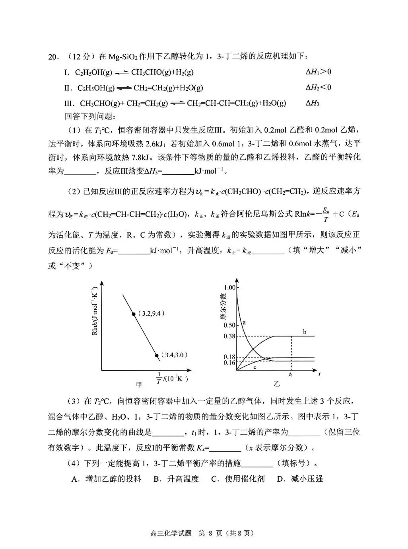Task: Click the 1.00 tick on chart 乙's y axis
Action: click(x=230, y=287)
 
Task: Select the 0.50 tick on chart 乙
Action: click(x=230, y=325)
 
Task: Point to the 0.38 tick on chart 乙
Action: click(x=230, y=336)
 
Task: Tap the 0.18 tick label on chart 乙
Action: click(x=230, y=357)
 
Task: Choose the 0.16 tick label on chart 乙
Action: click(x=230, y=363)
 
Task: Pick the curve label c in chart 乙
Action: click(x=255, y=367)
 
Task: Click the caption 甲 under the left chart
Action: click(x=139, y=384)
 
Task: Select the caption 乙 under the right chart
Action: click(x=277, y=384)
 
